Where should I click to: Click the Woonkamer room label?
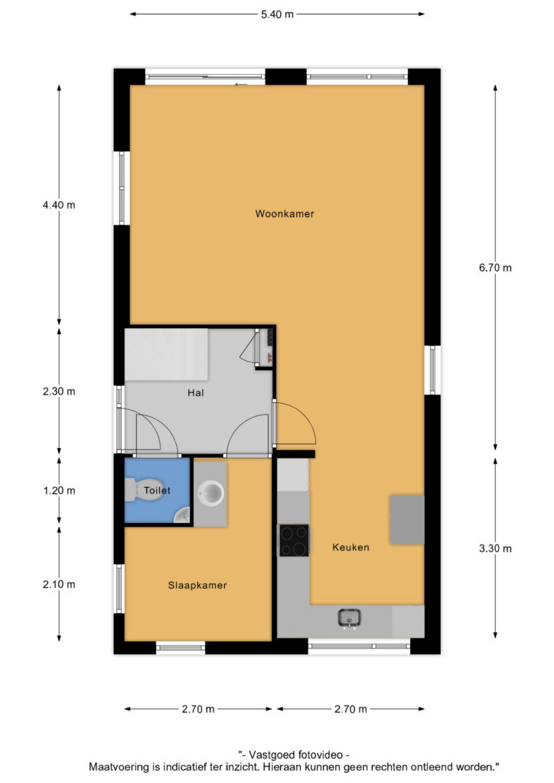coord(284,214)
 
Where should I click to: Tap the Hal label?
coord(195,393)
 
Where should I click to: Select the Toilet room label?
coord(157,490)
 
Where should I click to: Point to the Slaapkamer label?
coord(197,585)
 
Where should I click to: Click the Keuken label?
coord(350,547)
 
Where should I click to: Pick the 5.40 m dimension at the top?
coord(277,15)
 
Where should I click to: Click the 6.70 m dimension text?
coord(495,268)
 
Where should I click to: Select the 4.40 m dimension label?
coord(59,205)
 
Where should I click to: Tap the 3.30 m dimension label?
coord(495,548)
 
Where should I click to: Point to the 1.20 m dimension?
coord(59,491)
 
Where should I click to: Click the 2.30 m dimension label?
coord(59,391)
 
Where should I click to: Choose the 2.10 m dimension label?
coord(59,584)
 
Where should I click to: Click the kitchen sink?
coord(349,619)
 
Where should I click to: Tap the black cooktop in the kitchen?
coord(294,541)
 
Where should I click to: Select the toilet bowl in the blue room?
coord(131,490)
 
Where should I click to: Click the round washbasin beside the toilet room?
coord(210,493)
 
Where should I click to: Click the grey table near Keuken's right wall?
coord(407,520)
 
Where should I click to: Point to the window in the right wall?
coord(432,369)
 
